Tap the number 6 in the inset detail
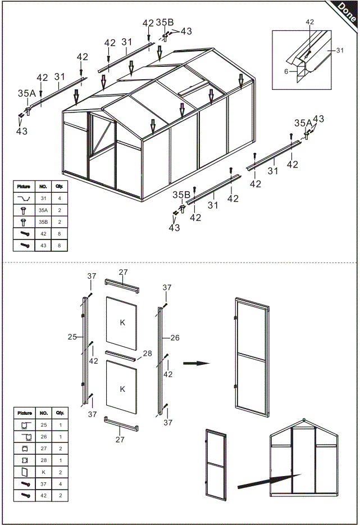286,71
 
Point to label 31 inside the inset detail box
339,51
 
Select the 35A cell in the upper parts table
43,209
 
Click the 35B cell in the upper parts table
43,221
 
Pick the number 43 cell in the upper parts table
43,245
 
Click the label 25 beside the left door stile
72,337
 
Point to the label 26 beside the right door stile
175,338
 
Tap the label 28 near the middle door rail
147,353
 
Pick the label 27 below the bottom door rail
120,440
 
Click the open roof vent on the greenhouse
191,87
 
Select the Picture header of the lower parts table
24,413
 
